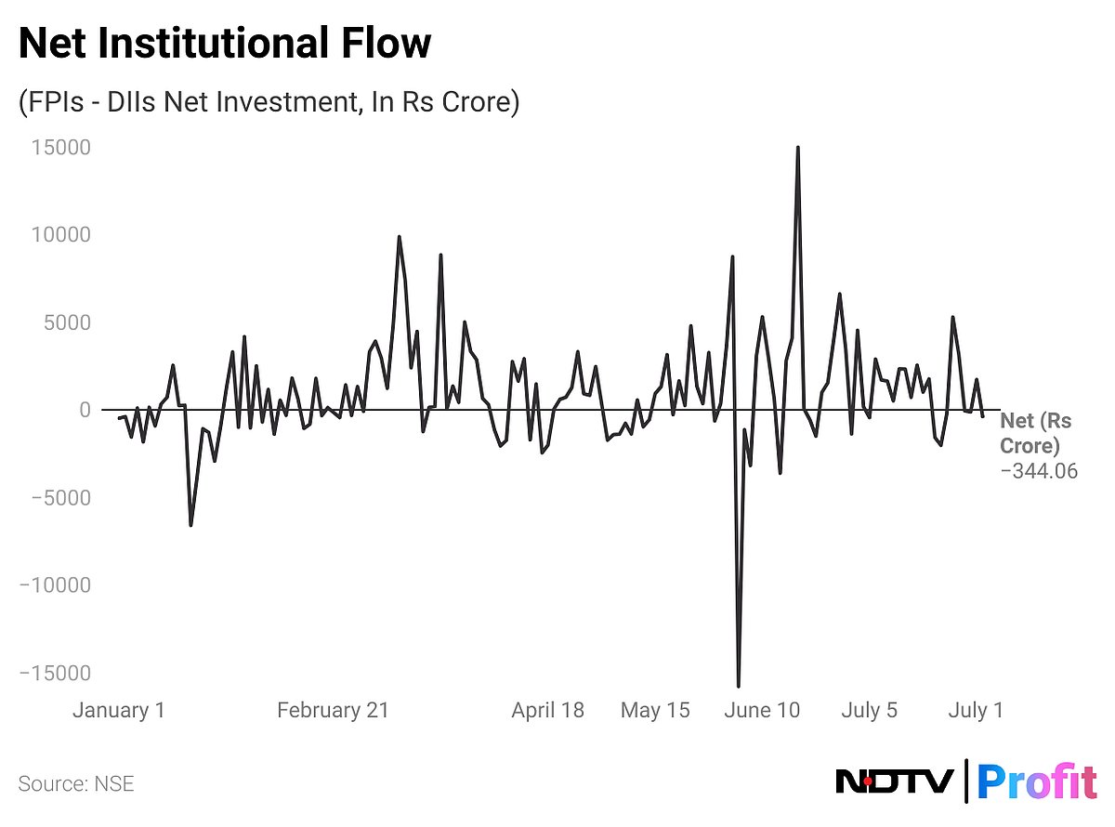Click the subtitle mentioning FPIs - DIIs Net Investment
(x=268, y=101)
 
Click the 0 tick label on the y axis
(x=84, y=410)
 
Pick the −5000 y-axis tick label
(x=58, y=498)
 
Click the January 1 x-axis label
(x=119, y=711)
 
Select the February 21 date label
(x=333, y=711)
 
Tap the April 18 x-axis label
(x=548, y=711)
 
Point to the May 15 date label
(x=655, y=711)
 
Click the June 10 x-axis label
(x=761, y=711)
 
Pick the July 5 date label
(x=870, y=711)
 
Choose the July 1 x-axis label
(x=976, y=711)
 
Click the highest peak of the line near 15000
(x=797, y=148)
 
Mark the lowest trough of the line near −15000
(x=739, y=686)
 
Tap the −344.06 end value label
(x=1039, y=471)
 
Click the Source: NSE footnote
(x=76, y=783)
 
